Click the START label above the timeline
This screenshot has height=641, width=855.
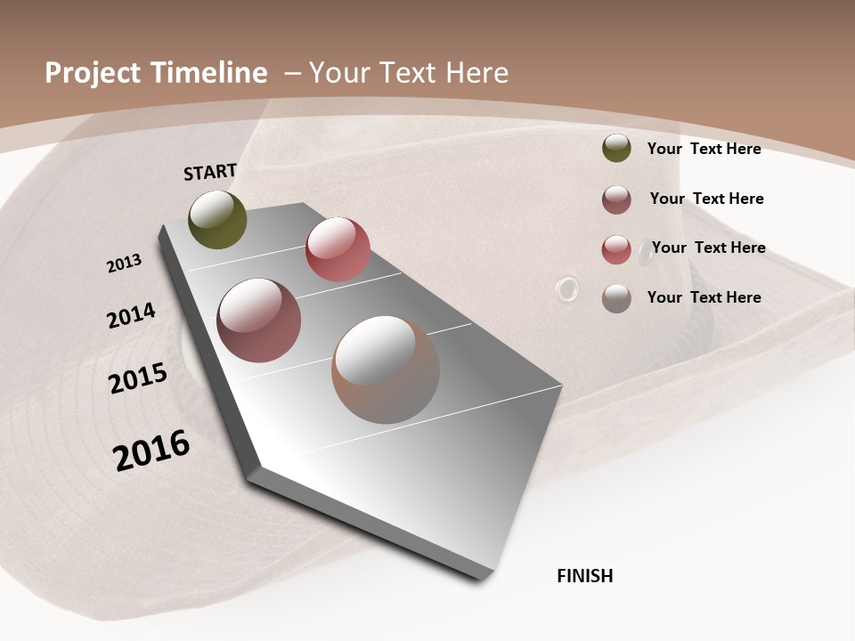pyautogui.click(x=210, y=172)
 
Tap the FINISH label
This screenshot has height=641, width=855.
pyautogui.click(x=585, y=576)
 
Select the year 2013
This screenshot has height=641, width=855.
pyautogui.click(x=124, y=264)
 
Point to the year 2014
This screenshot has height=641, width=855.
pyautogui.click(x=131, y=315)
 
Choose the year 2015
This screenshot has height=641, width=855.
pyautogui.click(x=138, y=378)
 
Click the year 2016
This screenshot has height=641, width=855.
pyautogui.click(x=151, y=450)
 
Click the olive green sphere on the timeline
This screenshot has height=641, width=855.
pyautogui.click(x=217, y=219)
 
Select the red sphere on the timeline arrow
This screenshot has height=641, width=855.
pyautogui.click(x=338, y=249)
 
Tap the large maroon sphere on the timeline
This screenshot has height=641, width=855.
pyautogui.click(x=258, y=320)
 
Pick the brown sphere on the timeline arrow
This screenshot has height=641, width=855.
pyautogui.click(x=386, y=369)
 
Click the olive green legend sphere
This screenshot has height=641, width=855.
pyautogui.click(x=616, y=149)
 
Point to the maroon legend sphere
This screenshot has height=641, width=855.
pyautogui.click(x=616, y=199)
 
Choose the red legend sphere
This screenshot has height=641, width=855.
pyautogui.click(x=616, y=249)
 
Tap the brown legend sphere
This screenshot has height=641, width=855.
pyautogui.click(x=616, y=298)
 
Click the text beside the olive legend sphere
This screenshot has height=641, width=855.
pyautogui.click(x=704, y=149)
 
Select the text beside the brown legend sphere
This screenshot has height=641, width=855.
pyautogui.click(x=704, y=297)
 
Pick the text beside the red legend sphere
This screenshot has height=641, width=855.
pyautogui.click(x=708, y=247)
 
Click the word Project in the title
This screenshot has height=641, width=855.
pyautogui.click(x=93, y=73)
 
